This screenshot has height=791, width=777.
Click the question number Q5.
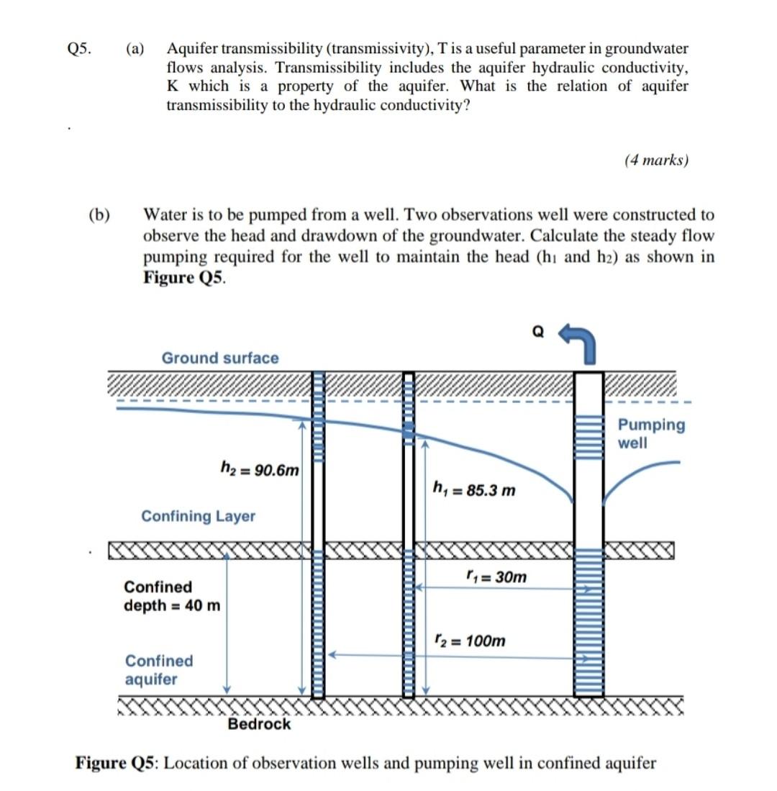click(x=78, y=49)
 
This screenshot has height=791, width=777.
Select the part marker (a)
click(x=135, y=49)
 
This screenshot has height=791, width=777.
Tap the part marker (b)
click(x=99, y=214)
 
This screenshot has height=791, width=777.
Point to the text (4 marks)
click(x=656, y=161)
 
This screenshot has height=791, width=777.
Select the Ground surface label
click(x=219, y=358)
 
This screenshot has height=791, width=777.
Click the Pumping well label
click(x=652, y=433)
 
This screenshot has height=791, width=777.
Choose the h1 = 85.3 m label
click(x=474, y=491)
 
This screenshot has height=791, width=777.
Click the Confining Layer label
click(x=198, y=516)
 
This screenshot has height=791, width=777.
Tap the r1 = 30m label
click(x=496, y=577)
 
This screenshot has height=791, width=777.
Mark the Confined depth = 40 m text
click(x=172, y=596)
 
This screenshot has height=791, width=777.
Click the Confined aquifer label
click(x=159, y=669)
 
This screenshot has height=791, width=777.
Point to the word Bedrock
click(x=259, y=724)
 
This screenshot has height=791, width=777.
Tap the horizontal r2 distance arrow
click(x=460, y=655)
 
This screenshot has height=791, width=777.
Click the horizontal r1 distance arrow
click(x=504, y=588)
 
